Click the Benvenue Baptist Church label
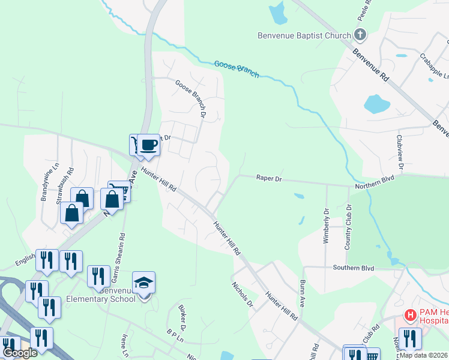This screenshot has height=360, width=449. click(x=304, y=35)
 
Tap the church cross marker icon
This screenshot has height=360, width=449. click(x=360, y=34)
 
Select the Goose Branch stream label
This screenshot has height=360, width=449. click(x=237, y=69)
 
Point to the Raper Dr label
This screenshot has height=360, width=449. click(x=269, y=178)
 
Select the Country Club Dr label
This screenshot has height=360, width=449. click(x=348, y=227)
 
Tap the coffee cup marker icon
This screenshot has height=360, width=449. click(x=148, y=145)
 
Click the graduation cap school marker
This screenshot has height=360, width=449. click(x=144, y=283)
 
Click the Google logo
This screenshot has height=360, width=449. click(x=20, y=353)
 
